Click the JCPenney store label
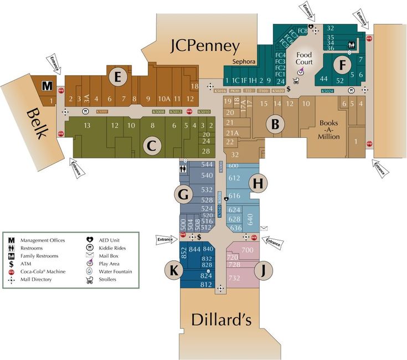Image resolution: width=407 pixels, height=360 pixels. pos(205,45)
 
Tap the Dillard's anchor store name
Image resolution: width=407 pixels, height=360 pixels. pos(221,320)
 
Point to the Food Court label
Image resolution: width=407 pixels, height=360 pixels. pos(305,58)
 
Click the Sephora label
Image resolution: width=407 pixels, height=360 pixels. pos(244,62)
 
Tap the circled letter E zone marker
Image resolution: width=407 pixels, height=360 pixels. pos(117,77)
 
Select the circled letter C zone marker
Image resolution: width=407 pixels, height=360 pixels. pos(150,146)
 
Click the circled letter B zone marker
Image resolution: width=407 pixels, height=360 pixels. pos(274,124)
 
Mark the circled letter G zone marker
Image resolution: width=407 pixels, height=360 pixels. pos(183,194)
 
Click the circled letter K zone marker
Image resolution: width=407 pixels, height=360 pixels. pos(173,271)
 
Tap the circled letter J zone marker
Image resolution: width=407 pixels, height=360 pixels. pos(265,271)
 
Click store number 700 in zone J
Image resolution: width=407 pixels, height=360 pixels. pos(248,251)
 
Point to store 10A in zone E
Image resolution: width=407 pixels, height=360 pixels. pos(164,99)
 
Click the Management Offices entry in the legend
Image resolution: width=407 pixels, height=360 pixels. pos(43,240)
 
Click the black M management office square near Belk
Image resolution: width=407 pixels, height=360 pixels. pos(48,86)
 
